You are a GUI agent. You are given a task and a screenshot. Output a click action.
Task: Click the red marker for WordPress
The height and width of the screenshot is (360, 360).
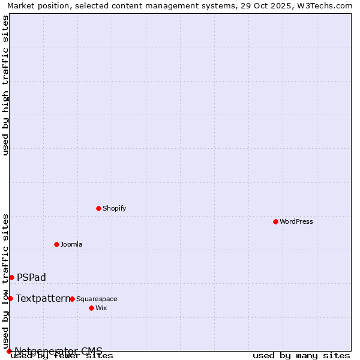coord(275,221)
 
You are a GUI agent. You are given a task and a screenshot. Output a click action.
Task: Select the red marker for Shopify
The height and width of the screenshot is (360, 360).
coord(98,208)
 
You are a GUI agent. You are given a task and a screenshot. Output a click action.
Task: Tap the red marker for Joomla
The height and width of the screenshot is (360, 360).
coord(56,244)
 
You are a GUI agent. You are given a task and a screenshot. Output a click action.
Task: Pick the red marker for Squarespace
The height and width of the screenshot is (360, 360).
coord(72,299)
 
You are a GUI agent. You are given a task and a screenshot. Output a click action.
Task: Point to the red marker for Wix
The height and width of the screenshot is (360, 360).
coord(91,308)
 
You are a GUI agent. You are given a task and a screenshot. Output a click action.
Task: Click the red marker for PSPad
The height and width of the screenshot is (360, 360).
coord(11,277)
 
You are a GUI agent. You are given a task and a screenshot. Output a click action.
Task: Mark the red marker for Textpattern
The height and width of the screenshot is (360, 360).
coord(10,298)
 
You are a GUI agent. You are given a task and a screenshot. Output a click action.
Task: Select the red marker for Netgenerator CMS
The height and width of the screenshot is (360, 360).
coord(9,351)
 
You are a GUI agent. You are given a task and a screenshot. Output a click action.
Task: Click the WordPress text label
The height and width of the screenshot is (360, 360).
coord(296,221)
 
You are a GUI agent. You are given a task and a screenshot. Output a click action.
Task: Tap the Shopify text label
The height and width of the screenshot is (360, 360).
coord(114,208)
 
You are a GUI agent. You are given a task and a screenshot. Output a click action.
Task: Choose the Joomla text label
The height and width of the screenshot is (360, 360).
coord(71,244)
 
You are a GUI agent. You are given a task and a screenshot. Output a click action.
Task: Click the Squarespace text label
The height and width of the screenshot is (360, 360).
coord(97,299)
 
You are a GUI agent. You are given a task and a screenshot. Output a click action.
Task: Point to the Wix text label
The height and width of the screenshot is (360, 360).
coord(101,308)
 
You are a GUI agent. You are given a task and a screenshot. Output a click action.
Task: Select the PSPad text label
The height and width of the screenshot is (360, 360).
coord(31,277)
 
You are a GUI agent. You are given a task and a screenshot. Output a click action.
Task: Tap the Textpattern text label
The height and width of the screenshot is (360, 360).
coord(43,298)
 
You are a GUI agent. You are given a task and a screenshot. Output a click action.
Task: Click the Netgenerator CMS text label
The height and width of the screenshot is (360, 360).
coord(58,351)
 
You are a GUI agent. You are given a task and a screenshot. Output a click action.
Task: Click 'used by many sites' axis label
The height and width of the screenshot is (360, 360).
coord(301,356)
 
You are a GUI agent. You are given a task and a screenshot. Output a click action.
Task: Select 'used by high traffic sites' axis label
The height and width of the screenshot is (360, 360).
coord(6,85)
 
